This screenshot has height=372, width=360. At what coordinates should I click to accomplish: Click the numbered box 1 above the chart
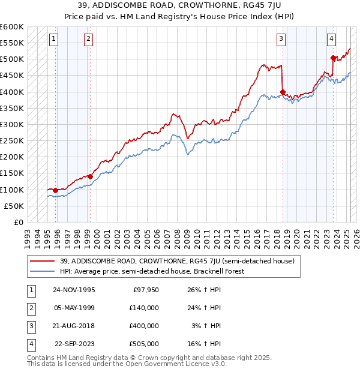click(x=54, y=40)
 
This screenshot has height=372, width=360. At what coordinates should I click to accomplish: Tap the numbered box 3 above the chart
click(x=281, y=40)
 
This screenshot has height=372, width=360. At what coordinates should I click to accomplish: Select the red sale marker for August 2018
click(x=283, y=92)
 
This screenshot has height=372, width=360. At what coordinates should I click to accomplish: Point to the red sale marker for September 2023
click(x=333, y=58)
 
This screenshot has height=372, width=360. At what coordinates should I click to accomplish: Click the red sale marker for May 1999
click(x=90, y=176)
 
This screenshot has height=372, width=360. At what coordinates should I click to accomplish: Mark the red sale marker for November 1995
click(x=56, y=190)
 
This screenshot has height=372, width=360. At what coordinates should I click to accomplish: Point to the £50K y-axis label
click(x=14, y=206)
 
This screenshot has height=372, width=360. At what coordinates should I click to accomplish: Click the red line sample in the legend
click(x=44, y=262)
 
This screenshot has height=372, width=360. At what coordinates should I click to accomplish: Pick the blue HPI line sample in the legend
click(x=44, y=271)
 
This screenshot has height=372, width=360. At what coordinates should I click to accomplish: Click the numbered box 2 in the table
click(x=29, y=307)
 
